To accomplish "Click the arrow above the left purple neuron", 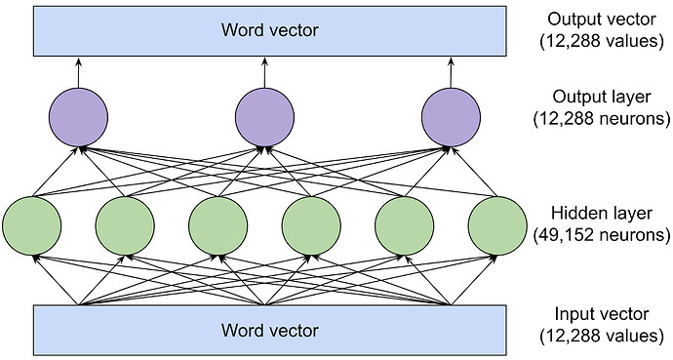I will pyautogui.click(x=78, y=70).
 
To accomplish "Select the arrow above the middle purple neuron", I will pyautogui.click(x=265, y=70).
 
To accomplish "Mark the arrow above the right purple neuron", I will pyautogui.click(x=451, y=70).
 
